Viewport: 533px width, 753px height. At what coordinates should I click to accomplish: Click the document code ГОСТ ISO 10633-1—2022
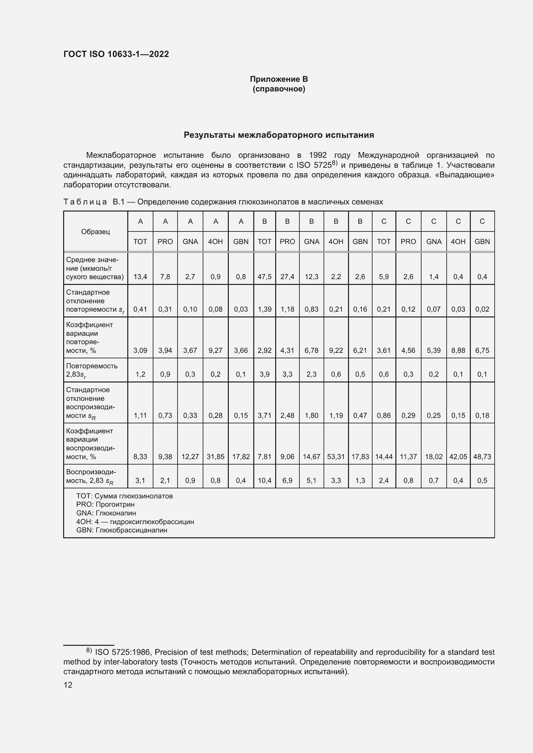coord(116,54)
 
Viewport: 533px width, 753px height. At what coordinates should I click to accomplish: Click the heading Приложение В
coord(279,79)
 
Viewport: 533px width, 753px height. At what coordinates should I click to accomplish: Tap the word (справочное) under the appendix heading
coord(279,89)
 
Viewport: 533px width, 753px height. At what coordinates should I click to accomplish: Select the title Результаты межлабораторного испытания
coord(279,135)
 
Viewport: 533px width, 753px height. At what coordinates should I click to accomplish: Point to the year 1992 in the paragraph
coord(318,155)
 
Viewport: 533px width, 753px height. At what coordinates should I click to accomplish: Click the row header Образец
coord(95,231)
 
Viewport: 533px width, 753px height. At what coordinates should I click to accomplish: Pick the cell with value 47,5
coord(264,277)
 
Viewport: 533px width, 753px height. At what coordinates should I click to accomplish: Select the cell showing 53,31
coord(336,457)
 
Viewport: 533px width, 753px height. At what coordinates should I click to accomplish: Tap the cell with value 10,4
coord(264,480)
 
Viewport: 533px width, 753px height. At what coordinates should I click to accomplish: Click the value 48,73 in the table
coord(482,457)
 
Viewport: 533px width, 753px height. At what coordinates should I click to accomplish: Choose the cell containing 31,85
coord(215,457)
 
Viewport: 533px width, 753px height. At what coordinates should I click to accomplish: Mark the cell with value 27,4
coord(287,277)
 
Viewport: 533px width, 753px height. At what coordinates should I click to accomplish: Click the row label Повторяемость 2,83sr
coord(92,370)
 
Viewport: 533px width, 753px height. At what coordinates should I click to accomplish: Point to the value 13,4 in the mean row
coord(140,277)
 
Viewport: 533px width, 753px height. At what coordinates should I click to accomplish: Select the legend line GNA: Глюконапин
coord(106,513)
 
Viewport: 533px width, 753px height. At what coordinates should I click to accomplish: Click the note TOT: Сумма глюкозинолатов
coord(124,496)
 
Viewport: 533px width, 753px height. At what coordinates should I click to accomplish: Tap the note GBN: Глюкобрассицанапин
coord(121,530)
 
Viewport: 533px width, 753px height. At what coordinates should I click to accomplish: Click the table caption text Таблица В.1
coord(94,202)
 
